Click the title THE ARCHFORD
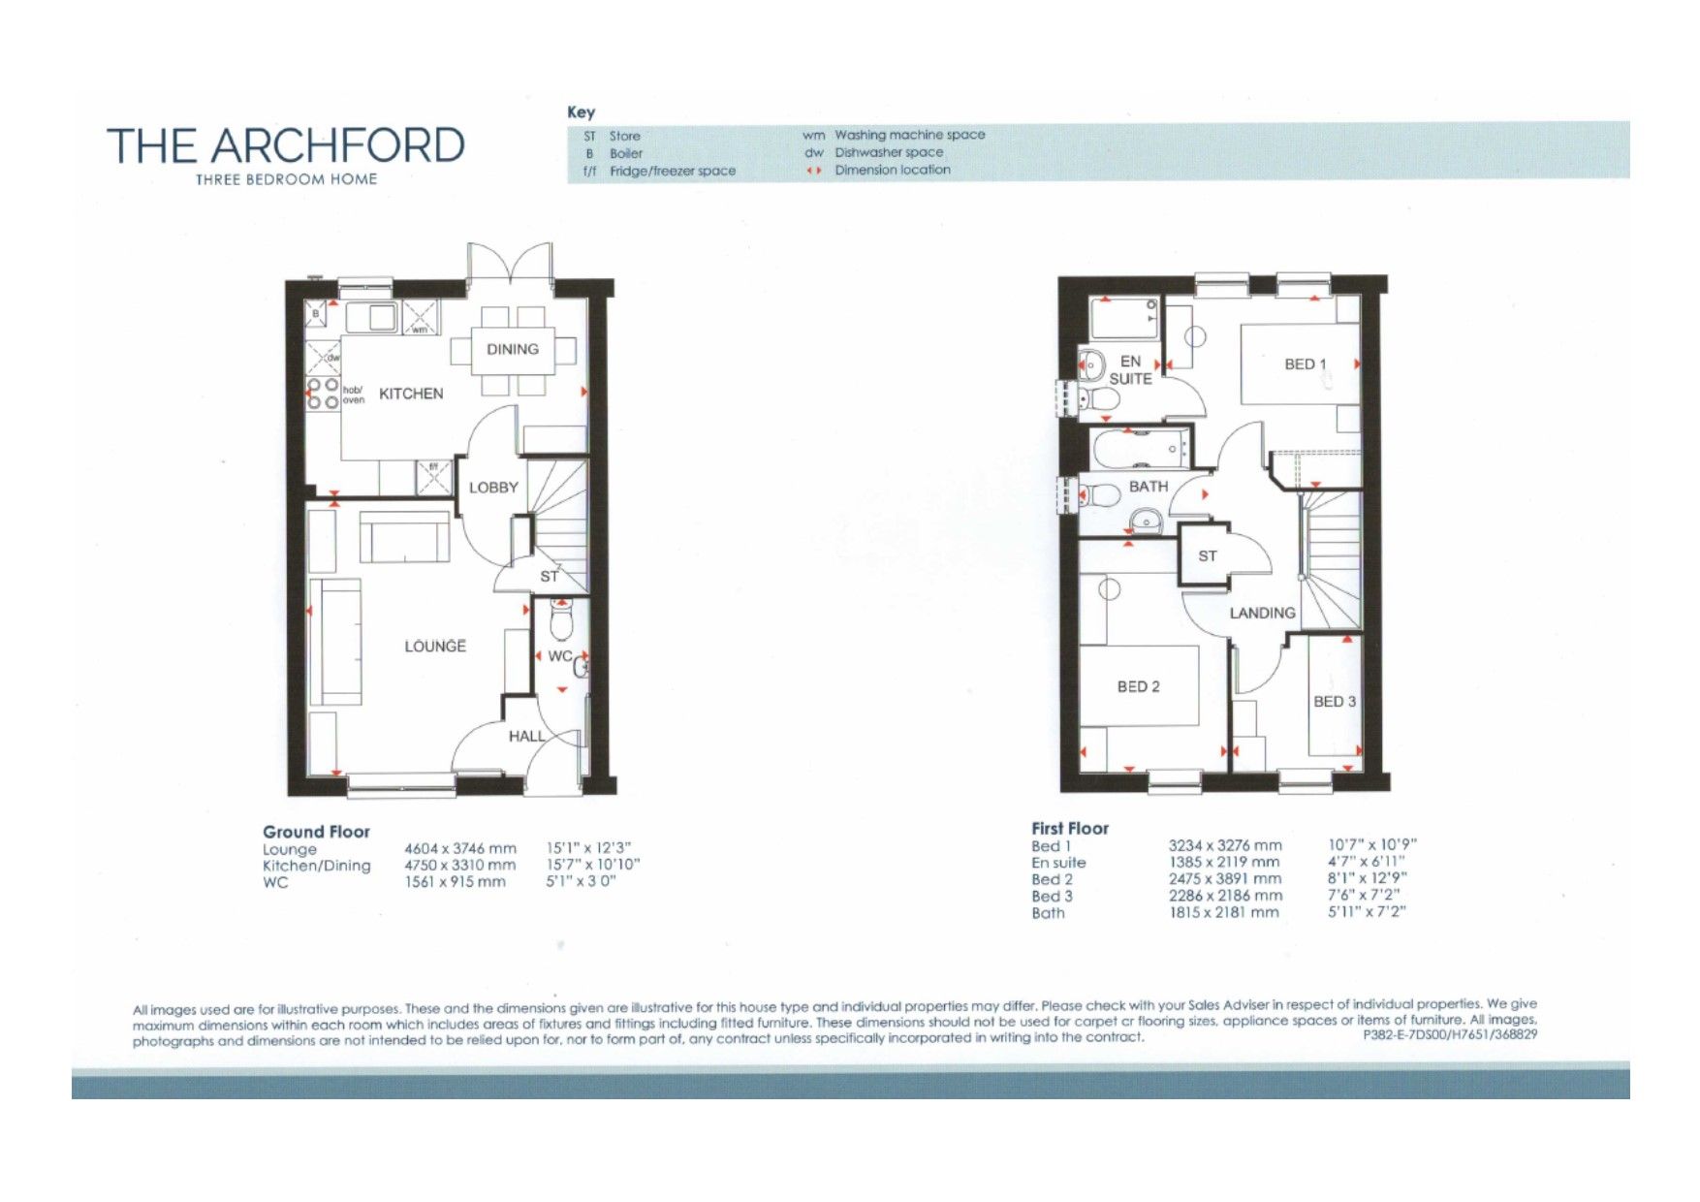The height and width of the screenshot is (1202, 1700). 285,145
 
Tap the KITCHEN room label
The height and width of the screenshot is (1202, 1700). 411,394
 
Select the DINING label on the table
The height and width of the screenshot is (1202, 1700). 513,349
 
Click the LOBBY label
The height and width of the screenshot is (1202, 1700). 493,488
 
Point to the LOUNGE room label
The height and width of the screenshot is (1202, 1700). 435,646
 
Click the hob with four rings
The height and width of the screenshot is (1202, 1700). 323,394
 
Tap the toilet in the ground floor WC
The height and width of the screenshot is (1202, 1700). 561,618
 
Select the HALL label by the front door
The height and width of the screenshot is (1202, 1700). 526,736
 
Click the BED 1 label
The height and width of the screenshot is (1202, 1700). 1305,364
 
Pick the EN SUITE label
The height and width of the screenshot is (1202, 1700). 1130,369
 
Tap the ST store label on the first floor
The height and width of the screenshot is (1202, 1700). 1207,556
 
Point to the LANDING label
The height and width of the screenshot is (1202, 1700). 1262,613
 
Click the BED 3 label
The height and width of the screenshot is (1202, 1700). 1334,701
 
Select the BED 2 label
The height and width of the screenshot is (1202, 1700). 1138,686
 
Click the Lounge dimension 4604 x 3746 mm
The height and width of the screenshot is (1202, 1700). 459,848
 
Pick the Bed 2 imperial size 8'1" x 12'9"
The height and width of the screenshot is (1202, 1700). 1367,878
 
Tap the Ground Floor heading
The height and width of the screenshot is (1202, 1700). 316,832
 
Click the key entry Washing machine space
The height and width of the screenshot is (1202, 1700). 909,135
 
